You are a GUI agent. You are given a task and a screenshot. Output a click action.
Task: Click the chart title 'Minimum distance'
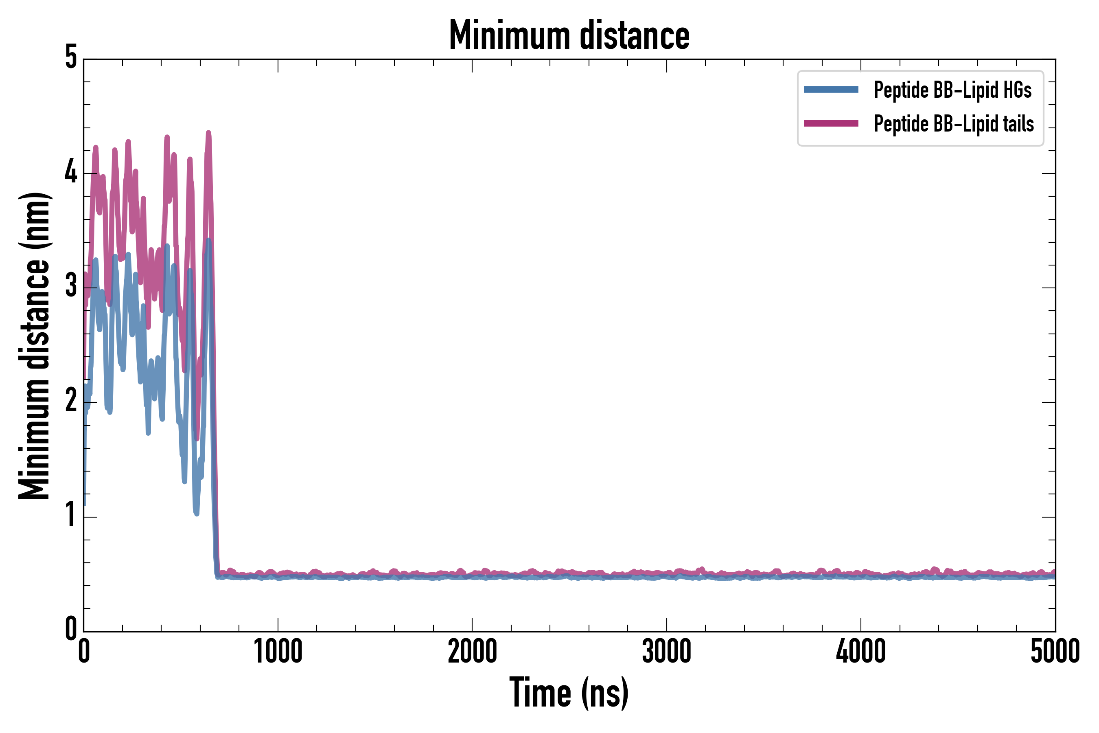[x=569, y=35]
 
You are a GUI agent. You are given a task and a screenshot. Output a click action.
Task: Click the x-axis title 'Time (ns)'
[x=569, y=693]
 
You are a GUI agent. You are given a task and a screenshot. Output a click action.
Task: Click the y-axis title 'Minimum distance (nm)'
[x=35, y=346]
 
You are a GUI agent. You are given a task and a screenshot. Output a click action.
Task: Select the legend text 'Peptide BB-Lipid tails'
[x=953, y=124]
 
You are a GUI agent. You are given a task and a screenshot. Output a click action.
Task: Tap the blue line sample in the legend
[x=831, y=90]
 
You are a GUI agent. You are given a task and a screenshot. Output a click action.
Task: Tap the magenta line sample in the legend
[x=831, y=123]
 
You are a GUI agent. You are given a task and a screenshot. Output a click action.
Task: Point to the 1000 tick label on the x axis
[x=278, y=652]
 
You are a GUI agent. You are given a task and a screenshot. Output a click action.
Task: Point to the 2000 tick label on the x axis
[x=472, y=652]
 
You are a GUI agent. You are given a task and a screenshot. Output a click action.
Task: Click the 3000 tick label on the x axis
[x=666, y=652]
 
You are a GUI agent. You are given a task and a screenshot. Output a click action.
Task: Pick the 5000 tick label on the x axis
[x=1055, y=652]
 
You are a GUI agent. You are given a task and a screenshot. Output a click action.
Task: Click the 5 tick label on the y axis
[x=71, y=58]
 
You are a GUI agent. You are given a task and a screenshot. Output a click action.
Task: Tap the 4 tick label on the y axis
[x=71, y=173]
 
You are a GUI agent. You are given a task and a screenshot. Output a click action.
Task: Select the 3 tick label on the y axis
[x=71, y=287]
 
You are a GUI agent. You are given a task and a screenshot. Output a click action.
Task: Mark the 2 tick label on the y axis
[x=71, y=401]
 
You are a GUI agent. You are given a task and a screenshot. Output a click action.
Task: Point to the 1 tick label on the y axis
[x=71, y=515]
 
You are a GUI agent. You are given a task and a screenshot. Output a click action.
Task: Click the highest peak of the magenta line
[x=208, y=133]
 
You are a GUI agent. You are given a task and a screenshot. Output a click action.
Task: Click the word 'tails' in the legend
[x=1020, y=124]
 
